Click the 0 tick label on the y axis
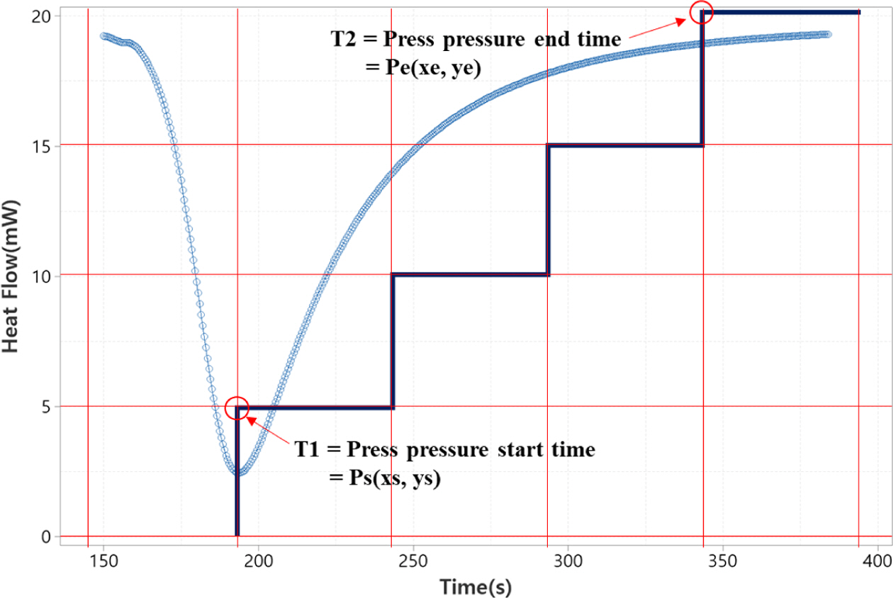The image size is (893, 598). (x=46, y=536)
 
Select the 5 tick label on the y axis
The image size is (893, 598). (x=46, y=406)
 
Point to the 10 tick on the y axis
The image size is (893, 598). (x=42, y=276)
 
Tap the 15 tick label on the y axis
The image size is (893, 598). (x=42, y=145)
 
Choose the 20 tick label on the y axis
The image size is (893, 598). (x=42, y=16)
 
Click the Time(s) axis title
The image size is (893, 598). (x=474, y=586)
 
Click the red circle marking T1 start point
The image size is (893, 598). (x=237, y=407)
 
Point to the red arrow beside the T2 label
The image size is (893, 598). (x=655, y=29)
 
